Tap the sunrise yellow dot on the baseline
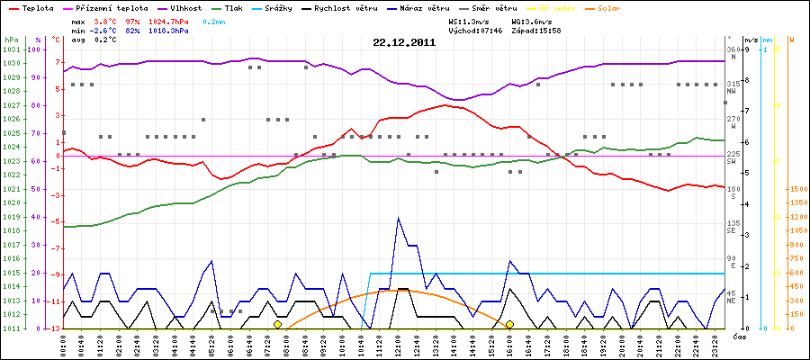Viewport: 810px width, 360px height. point(277,324)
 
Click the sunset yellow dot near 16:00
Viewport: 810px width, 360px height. point(509,324)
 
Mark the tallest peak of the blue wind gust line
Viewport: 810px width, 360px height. point(398,218)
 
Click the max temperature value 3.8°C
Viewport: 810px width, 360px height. point(105,20)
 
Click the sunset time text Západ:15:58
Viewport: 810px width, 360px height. point(535,29)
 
